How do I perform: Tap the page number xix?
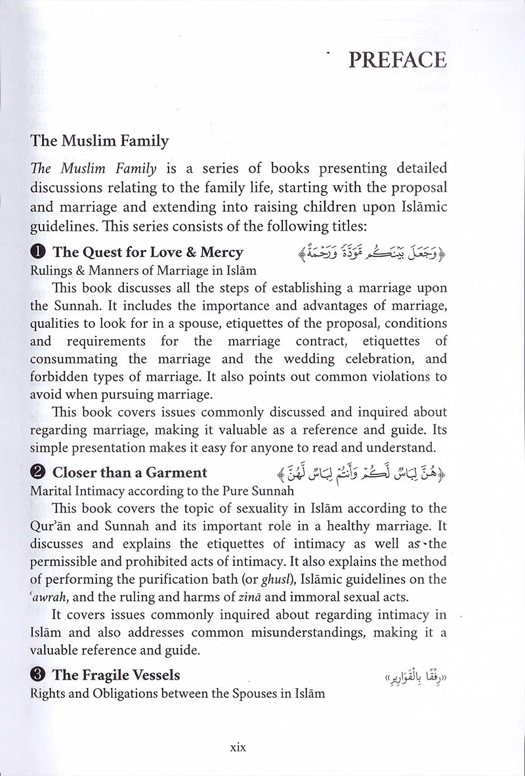click(233, 746)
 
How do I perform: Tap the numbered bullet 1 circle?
click(38, 253)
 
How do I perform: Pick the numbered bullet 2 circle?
click(38, 472)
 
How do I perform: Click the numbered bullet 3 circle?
click(38, 674)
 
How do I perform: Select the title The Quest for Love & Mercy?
click(148, 253)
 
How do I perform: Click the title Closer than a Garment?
click(129, 472)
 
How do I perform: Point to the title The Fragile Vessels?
click(116, 674)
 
